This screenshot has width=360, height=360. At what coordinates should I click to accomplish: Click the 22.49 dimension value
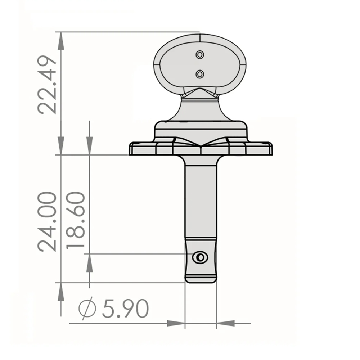[47, 85]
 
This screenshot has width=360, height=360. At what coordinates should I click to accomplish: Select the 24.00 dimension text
[47, 221]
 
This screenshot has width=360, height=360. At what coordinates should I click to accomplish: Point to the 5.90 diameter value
[125, 309]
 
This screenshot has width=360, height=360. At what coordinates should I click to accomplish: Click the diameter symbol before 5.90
[87, 308]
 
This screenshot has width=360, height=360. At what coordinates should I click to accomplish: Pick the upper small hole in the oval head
[200, 55]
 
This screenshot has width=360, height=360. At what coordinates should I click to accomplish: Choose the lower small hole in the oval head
[200, 74]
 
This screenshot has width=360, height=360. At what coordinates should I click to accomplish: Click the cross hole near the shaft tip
[200, 257]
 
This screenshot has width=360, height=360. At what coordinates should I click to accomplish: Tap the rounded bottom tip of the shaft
[201, 280]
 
